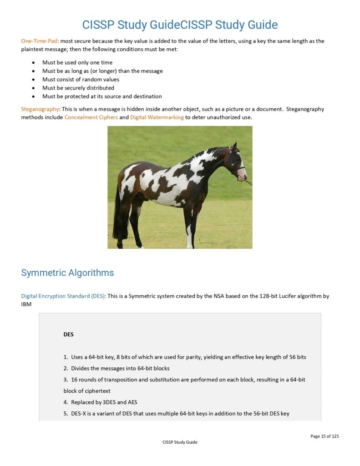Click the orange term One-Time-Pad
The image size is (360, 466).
click(x=39, y=41)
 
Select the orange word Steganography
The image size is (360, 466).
click(x=40, y=109)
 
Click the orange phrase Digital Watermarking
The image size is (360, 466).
click(x=157, y=117)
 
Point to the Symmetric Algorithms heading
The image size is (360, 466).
click(x=67, y=273)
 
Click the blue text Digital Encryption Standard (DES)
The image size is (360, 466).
click(x=63, y=296)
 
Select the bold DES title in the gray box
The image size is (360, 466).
click(x=68, y=334)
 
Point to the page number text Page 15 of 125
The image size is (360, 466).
click(x=325, y=436)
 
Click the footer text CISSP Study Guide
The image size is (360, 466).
click(x=180, y=442)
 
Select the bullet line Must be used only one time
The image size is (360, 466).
click(x=77, y=63)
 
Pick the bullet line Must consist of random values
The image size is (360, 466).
click(x=81, y=80)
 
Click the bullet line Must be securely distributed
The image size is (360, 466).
click(x=78, y=88)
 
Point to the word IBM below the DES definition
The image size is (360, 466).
click(x=26, y=304)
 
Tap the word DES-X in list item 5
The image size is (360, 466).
click(x=81, y=414)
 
